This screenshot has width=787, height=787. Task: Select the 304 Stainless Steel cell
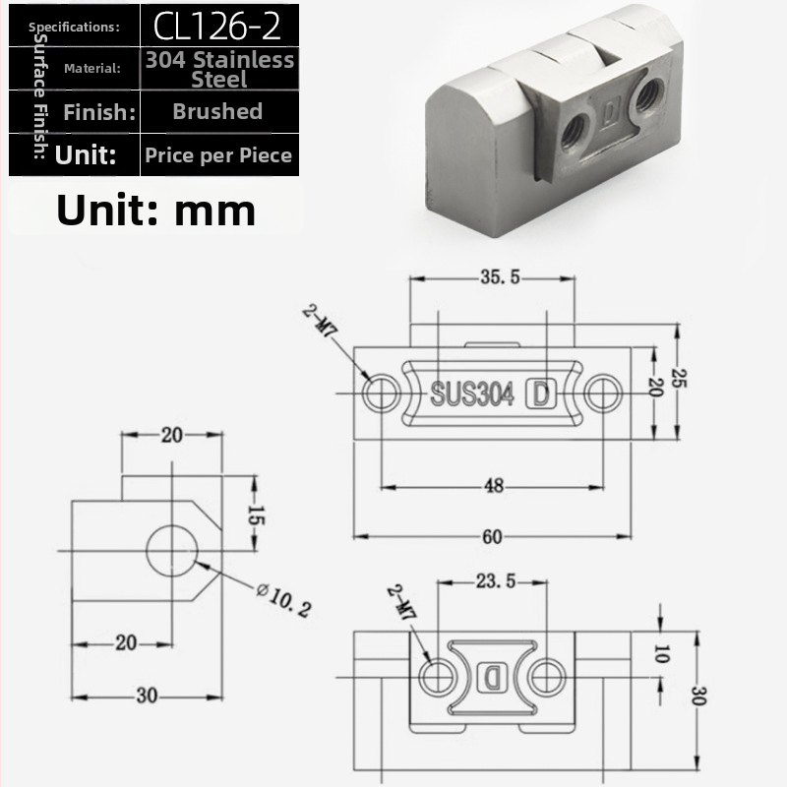tap(219, 69)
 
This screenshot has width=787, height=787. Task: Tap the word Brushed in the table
tap(217, 111)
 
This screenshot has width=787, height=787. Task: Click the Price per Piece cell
tap(219, 154)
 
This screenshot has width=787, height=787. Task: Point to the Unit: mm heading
tap(156, 210)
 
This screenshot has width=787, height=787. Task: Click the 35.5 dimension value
tap(500, 276)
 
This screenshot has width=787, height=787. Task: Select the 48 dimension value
tap(494, 485)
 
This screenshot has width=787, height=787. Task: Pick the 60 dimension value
tap(492, 536)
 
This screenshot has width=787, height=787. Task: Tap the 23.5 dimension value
tap(496, 580)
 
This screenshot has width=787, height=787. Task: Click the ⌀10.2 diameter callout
tap(283, 599)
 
